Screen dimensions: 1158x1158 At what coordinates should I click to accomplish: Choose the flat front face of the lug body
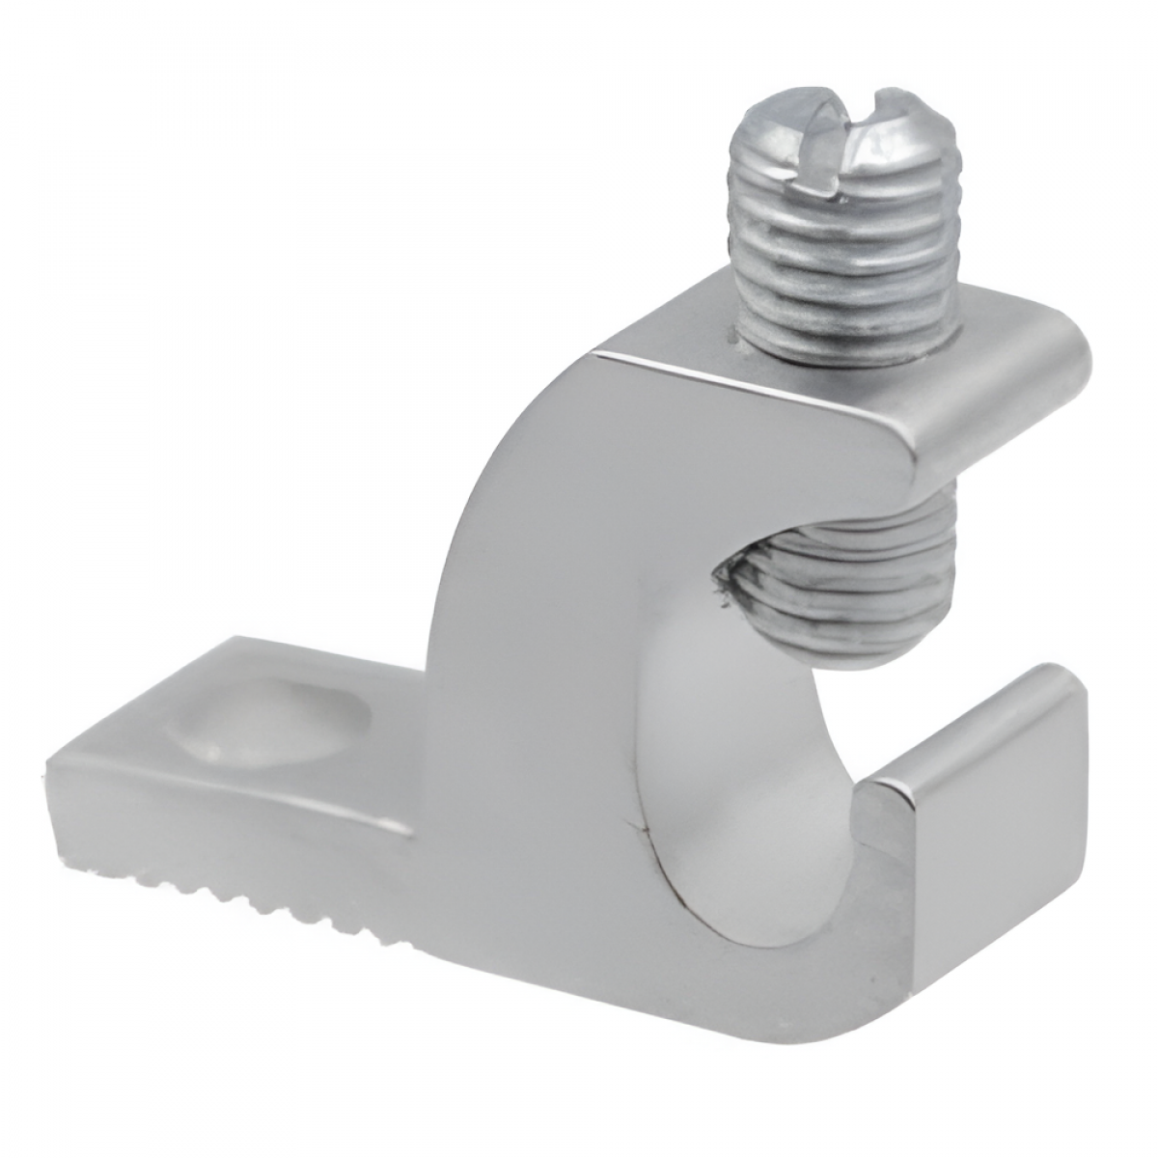click(540, 675)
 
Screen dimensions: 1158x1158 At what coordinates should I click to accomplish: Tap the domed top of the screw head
click(820, 125)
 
